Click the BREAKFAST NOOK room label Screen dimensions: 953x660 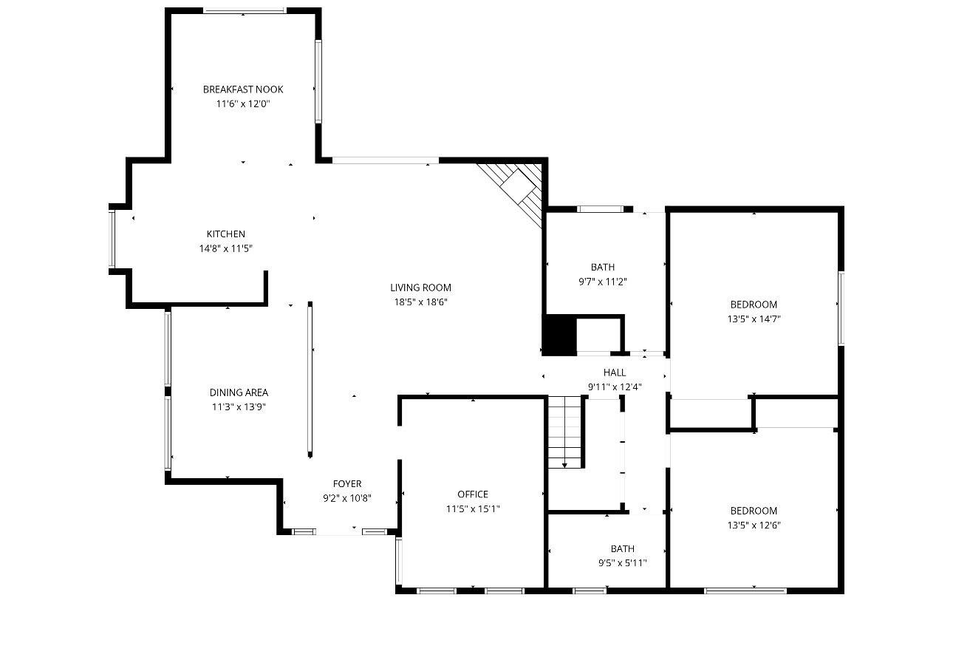(x=243, y=89)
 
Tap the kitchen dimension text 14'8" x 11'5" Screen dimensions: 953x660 (x=226, y=248)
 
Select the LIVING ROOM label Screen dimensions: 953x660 (x=421, y=288)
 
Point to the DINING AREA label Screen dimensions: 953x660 (x=239, y=392)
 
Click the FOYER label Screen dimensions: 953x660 (x=347, y=484)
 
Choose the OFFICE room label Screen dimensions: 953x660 (x=473, y=494)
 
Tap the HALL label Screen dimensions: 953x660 (x=615, y=372)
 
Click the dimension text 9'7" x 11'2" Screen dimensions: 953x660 (x=603, y=282)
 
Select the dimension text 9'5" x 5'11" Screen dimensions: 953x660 (x=623, y=563)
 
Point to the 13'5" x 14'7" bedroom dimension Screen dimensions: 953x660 (x=754, y=319)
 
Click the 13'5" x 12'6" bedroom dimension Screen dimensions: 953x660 (x=754, y=525)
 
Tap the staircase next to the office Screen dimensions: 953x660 (x=564, y=432)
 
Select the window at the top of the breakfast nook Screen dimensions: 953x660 (x=244, y=11)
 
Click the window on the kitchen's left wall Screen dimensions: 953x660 (x=112, y=239)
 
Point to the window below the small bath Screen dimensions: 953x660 (x=590, y=591)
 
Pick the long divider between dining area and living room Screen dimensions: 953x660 (x=310, y=380)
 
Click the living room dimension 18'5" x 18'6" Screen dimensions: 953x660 (x=421, y=302)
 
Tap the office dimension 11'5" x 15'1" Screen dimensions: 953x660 (x=473, y=509)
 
